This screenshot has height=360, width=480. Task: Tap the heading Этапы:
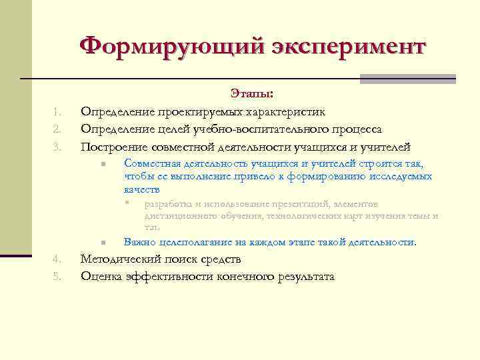pos(251,94)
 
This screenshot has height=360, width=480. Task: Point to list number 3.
pos(57,147)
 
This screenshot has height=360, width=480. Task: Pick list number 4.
pos(57,259)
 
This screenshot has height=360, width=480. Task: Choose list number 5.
pos(57,276)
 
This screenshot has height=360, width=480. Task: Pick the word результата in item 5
pos(305,276)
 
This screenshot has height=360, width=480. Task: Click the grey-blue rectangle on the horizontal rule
pos(407,79)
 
